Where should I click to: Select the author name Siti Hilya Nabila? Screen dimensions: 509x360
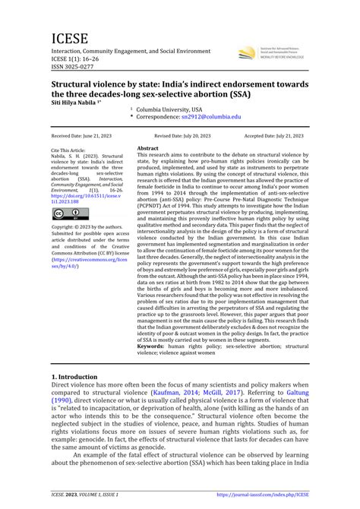[78, 102]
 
